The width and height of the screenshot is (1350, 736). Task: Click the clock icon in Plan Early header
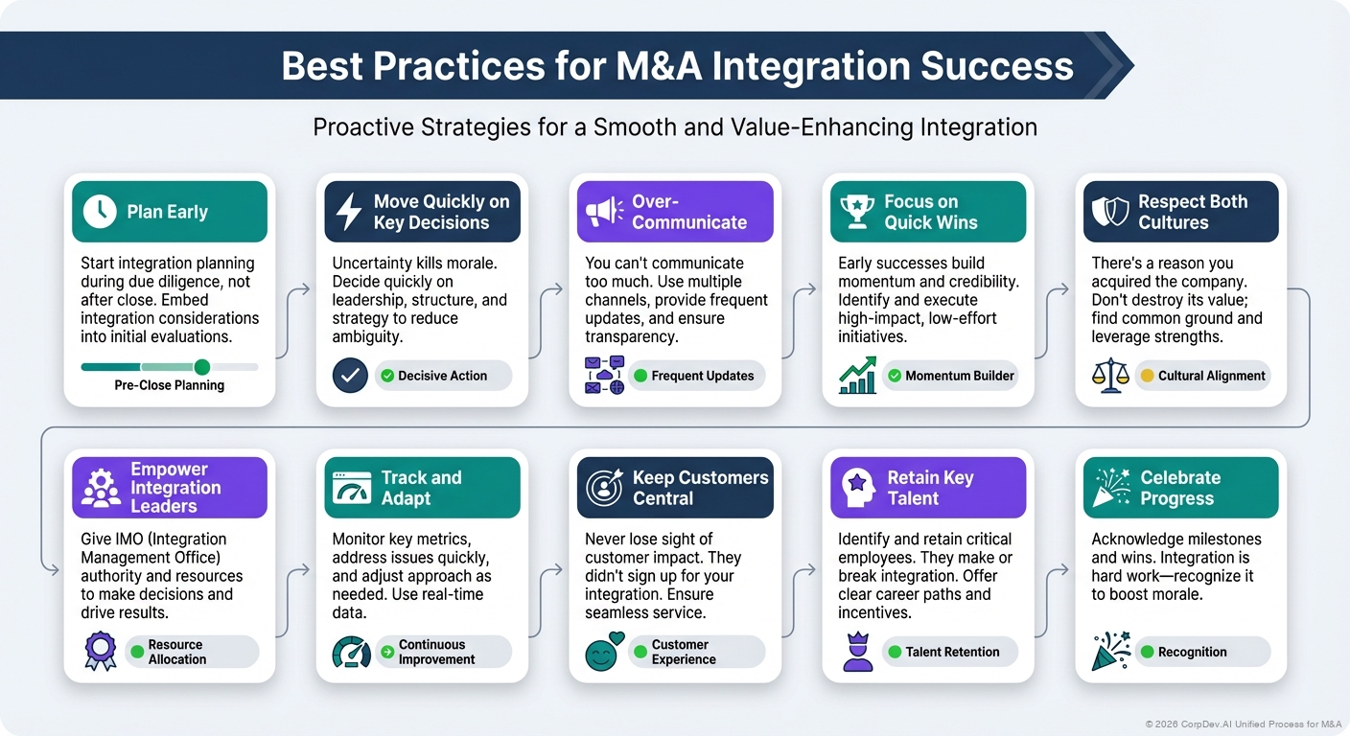click(100, 212)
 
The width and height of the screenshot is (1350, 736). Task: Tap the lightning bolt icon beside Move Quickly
click(349, 212)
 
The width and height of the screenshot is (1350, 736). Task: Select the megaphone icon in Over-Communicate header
click(602, 212)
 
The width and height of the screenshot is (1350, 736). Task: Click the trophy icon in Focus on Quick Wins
click(855, 212)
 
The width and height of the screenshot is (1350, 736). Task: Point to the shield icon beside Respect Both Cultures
click(1109, 212)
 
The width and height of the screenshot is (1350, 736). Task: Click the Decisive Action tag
click(442, 376)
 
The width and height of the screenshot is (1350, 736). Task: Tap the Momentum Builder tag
click(949, 376)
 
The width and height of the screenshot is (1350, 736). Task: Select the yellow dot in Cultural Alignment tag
click(1145, 376)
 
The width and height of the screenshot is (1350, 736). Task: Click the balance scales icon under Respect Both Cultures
click(1110, 375)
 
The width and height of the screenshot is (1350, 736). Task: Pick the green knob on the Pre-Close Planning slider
click(201, 367)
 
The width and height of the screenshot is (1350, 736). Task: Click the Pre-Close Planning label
click(170, 385)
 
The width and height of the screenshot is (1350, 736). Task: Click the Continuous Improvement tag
click(442, 652)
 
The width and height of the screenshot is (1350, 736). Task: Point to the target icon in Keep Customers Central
click(603, 488)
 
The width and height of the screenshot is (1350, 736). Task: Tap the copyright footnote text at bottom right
click(1243, 724)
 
